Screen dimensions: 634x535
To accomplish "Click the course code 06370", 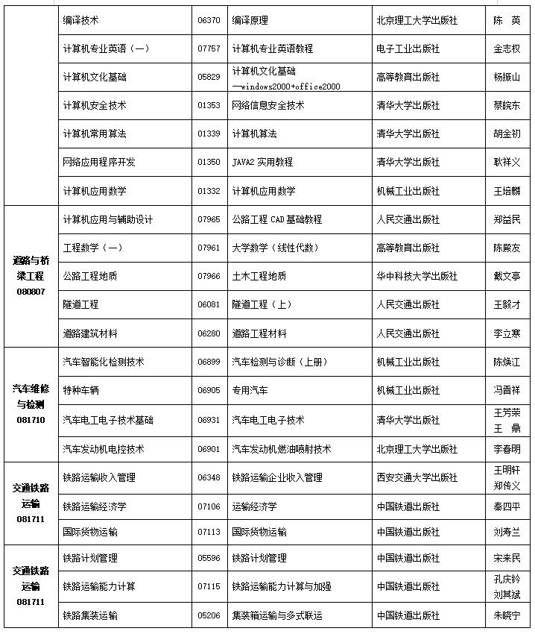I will pyautogui.click(x=209, y=20).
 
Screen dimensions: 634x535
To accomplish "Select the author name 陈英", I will pyautogui.click(x=507, y=20).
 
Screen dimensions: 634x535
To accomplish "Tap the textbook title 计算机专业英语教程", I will pyautogui.click(x=272, y=48).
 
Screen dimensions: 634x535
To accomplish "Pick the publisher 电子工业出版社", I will pyautogui.click(x=408, y=48).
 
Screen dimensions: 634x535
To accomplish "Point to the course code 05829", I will pyautogui.click(x=209, y=77).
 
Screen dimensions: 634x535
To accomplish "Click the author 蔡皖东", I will pyautogui.click(x=507, y=105).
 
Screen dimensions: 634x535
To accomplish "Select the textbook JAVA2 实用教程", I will pyautogui.click(x=262, y=162).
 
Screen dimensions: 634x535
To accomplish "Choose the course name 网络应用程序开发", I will pyautogui.click(x=99, y=162).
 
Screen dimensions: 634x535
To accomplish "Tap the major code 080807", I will pyautogui.click(x=31, y=291).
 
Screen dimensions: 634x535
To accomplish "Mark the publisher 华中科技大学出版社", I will pyautogui.click(x=417, y=276).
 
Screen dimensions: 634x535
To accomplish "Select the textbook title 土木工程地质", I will pyautogui.click(x=259, y=276).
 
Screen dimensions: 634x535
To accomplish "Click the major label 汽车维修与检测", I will pyautogui.click(x=31, y=396).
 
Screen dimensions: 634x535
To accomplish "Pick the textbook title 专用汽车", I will pyautogui.click(x=250, y=390).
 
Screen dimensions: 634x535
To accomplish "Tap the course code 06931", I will pyautogui.click(x=209, y=420).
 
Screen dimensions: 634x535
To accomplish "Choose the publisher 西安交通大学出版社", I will pyautogui.click(x=417, y=477).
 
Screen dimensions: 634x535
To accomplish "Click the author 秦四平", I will pyautogui.click(x=507, y=506).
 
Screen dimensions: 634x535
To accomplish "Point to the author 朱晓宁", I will pyautogui.click(x=507, y=615).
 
